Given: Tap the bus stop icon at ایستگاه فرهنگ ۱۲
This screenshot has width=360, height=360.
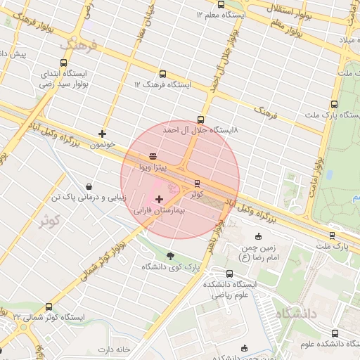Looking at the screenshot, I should coord(163,74).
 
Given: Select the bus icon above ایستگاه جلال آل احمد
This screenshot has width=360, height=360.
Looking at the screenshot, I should coord(201,120).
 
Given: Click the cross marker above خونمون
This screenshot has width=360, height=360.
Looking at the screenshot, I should coord(103,133).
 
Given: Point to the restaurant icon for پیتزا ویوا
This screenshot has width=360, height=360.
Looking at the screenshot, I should coord(153,156).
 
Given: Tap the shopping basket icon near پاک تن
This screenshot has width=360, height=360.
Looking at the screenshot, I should coord(89,187).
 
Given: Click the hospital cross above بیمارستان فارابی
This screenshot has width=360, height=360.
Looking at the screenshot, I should coord(159,200).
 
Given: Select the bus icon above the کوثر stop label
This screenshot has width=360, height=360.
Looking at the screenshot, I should coord(197,184).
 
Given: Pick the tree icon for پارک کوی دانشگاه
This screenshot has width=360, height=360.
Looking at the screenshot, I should coord(170,255).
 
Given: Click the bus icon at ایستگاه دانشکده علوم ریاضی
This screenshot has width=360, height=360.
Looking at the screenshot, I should coord(229,274).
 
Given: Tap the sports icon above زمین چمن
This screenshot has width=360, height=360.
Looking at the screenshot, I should coord(259,236).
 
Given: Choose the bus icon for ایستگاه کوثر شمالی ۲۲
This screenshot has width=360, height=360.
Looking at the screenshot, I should coord(49,307).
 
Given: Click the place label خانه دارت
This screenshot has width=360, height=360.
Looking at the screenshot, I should coord(115,349).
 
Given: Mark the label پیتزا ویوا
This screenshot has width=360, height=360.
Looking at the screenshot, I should coord(152,167).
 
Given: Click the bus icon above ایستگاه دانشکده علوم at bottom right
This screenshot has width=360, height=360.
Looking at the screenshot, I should coord(333,333).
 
